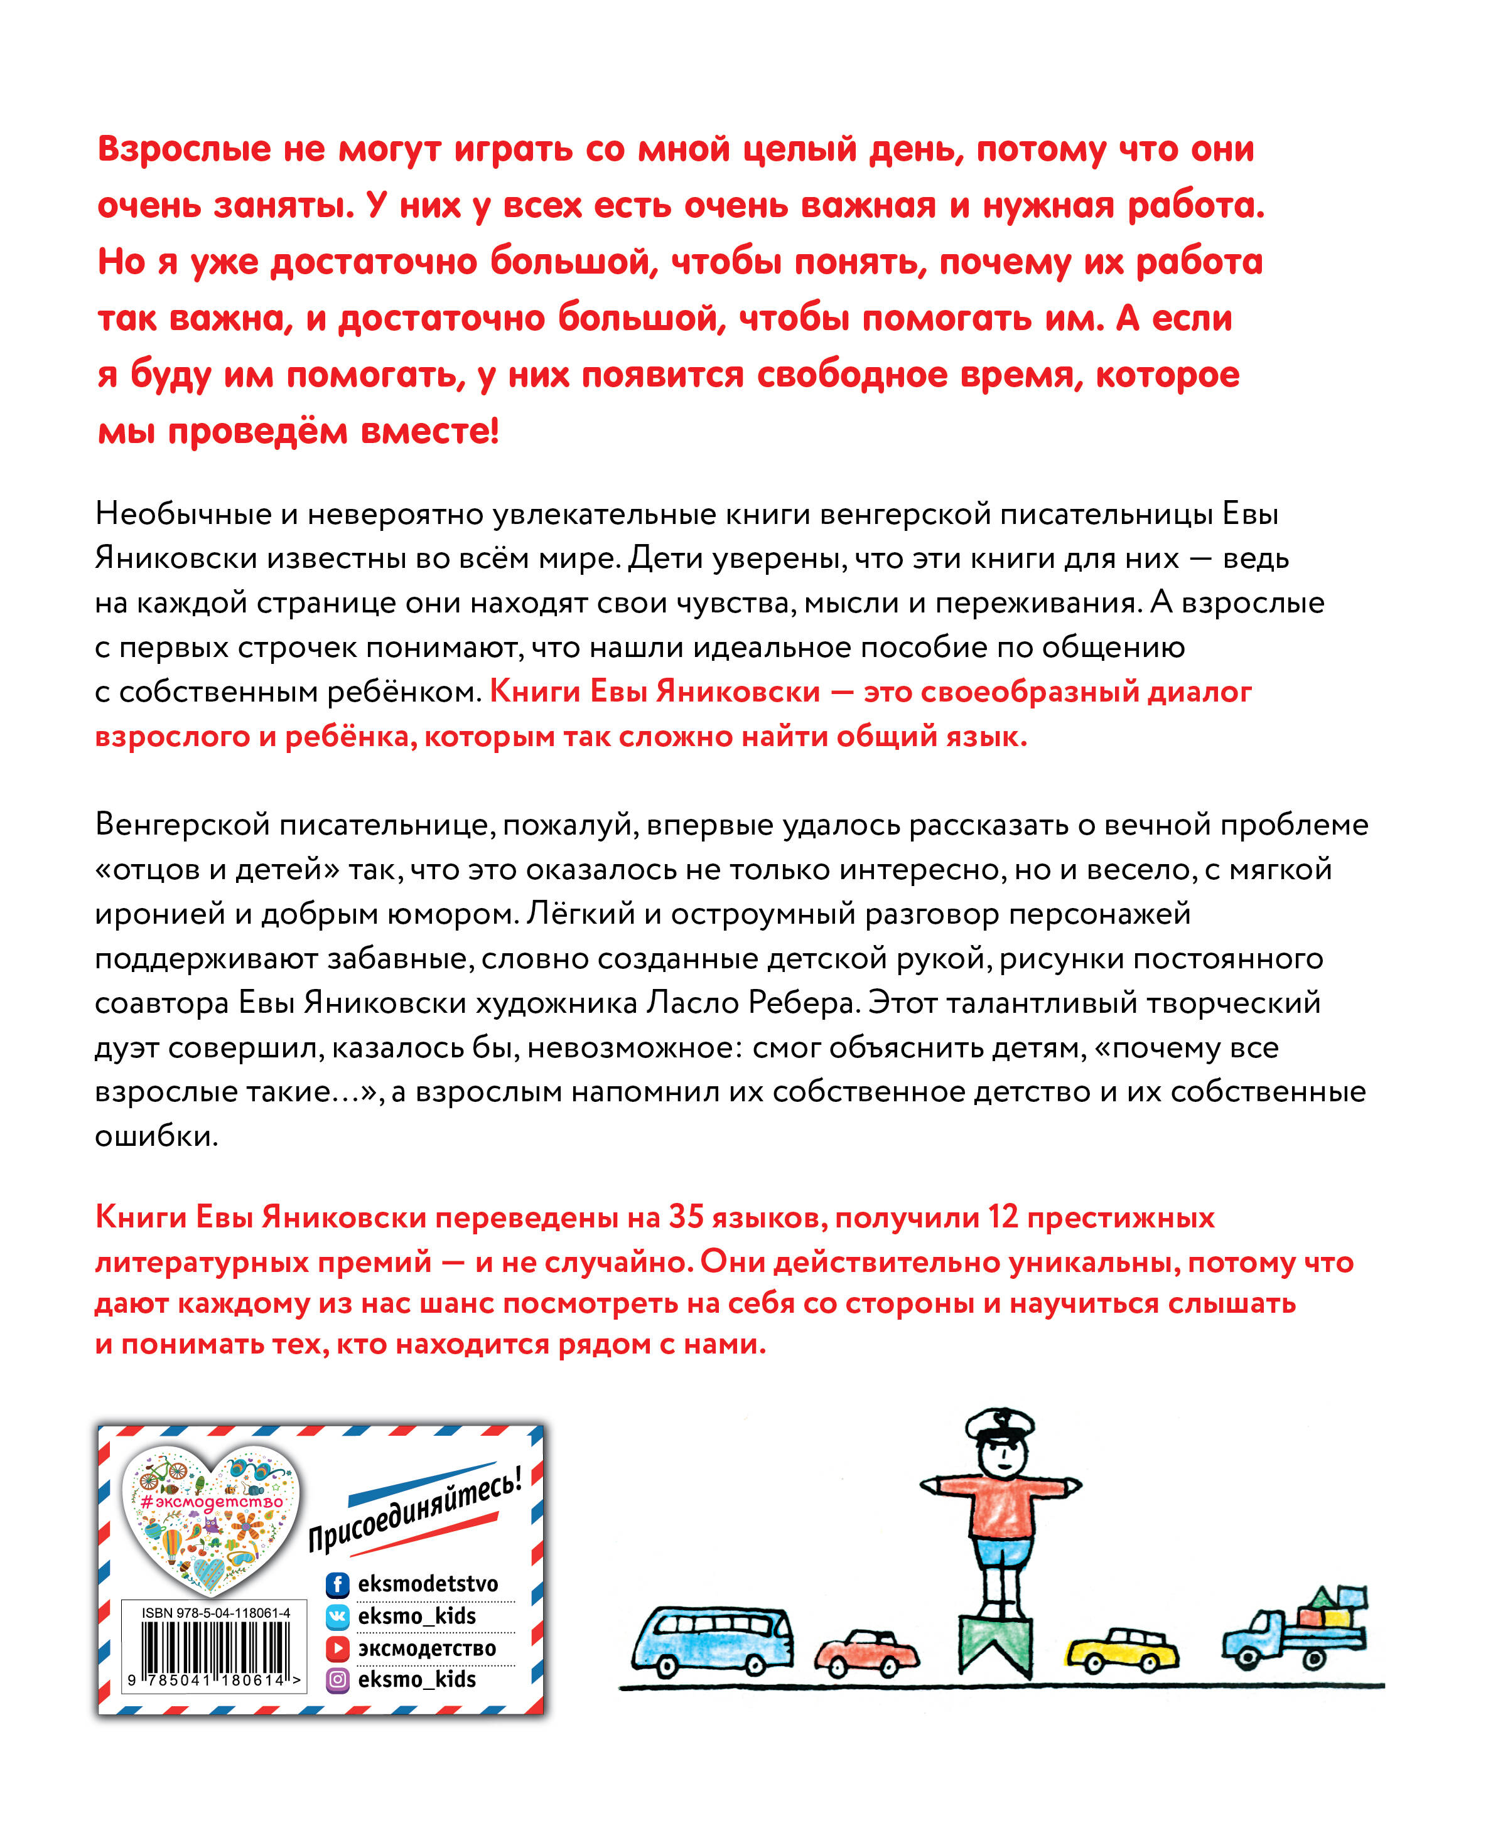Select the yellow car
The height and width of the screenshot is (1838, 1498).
1123,1647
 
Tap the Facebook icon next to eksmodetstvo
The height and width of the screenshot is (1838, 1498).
337,1584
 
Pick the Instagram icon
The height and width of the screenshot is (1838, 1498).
337,1679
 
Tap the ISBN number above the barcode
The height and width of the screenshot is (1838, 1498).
216,1613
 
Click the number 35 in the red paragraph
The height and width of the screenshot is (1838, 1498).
687,1217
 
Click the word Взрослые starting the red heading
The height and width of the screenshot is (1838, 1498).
185,150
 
